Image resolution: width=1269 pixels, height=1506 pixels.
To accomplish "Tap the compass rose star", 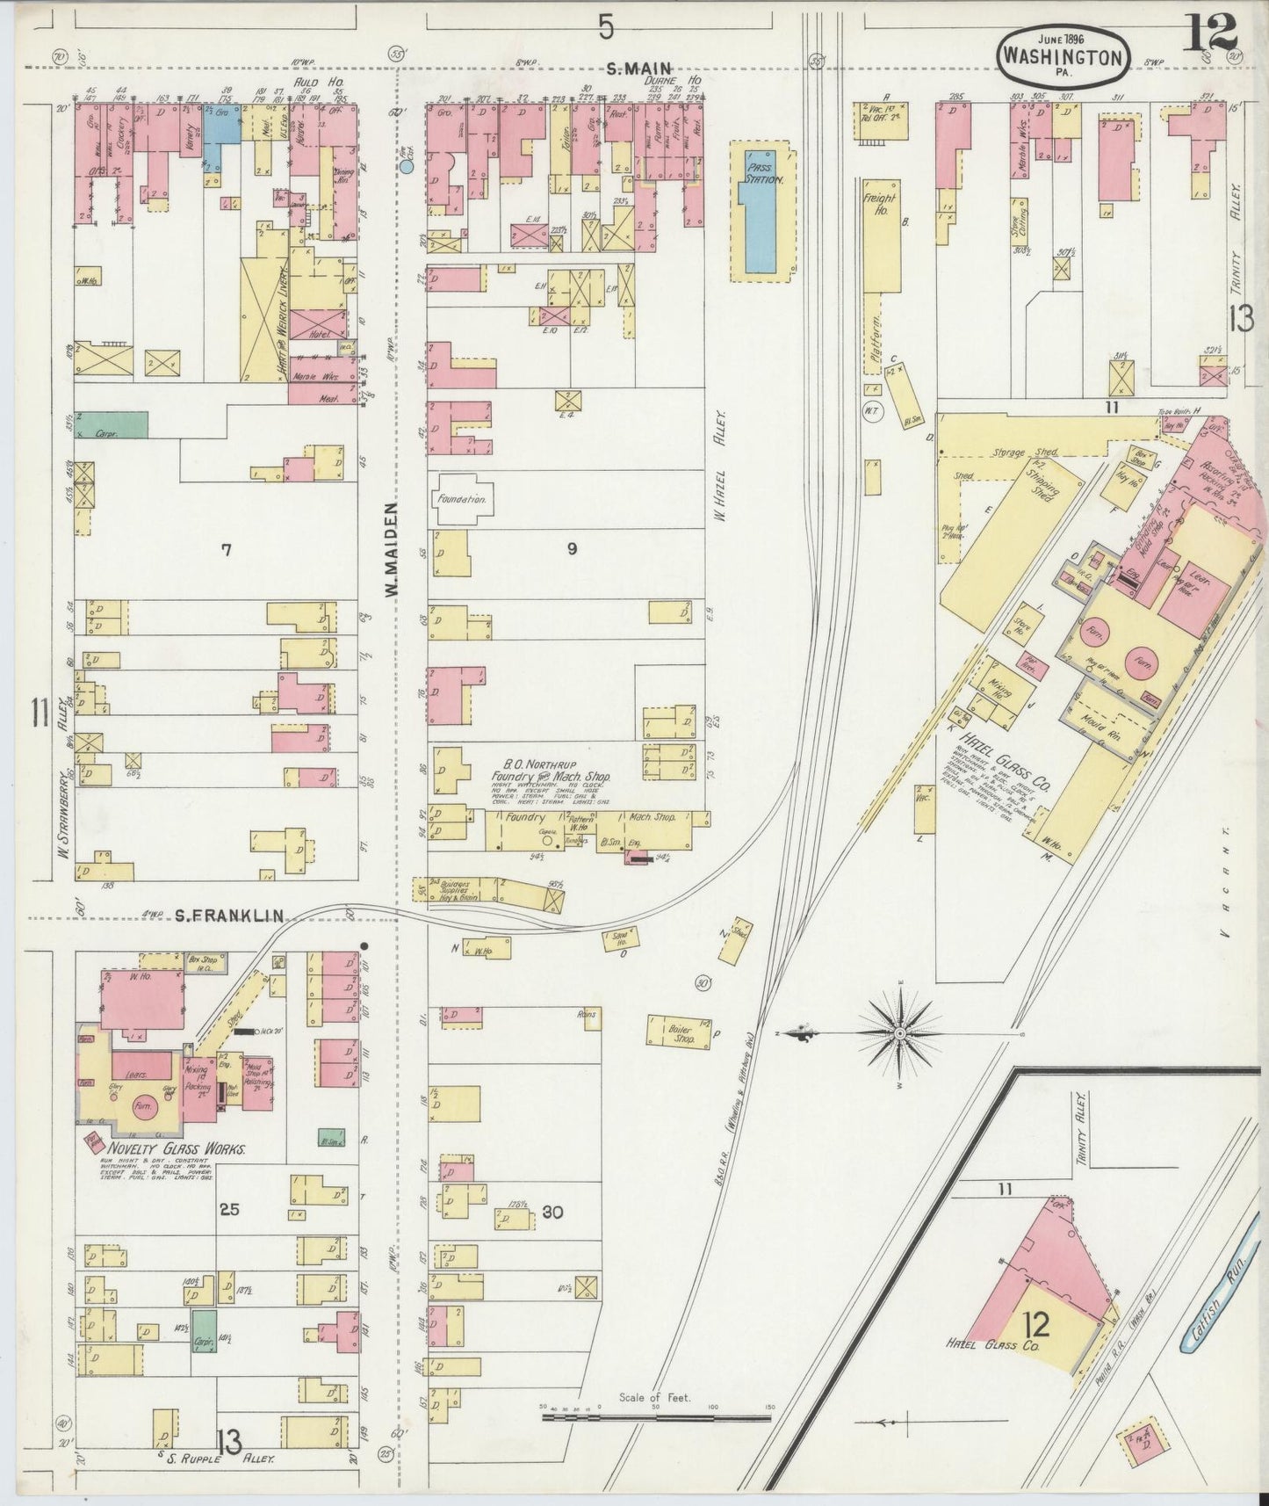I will coord(900,1034).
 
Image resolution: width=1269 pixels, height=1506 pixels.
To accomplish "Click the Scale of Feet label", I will coord(654,1397).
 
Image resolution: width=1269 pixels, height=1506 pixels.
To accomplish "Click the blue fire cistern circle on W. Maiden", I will coord(407,164).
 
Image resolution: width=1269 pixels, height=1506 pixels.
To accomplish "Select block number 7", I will coord(226,550).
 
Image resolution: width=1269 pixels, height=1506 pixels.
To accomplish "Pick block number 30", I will coord(552,1212).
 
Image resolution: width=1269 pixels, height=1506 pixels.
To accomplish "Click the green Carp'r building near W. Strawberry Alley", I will coord(112,426).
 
